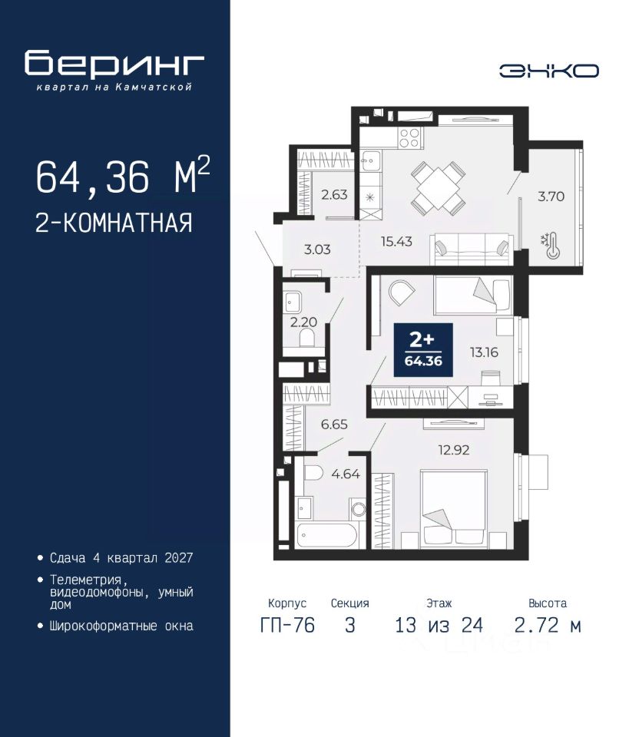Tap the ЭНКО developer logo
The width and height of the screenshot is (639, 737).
tap(548, 71)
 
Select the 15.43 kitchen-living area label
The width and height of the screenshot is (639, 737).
tap(396, 242)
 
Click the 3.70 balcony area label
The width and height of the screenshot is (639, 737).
tap(551, 196)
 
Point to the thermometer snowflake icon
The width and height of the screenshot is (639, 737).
tap(551, 246)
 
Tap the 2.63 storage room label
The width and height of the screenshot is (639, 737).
tap(334, 194)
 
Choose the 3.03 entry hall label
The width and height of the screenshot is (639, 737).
tap(317, 249)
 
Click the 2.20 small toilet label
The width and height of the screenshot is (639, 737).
tap(303, 322)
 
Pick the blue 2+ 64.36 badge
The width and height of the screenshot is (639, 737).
tap(423, 350)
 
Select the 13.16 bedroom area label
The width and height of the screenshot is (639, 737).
tap(484, 352)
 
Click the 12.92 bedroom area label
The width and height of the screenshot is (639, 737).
tap(454, 450)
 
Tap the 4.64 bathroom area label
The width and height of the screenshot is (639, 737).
tap(346, 474)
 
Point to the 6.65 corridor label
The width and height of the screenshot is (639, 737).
tap(334, 425)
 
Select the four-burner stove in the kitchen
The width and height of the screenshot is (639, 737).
tap(409, 137)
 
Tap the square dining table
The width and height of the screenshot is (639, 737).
tap(439, 188)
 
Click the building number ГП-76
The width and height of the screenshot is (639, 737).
tap(287, 625)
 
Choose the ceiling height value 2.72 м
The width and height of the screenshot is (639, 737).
tap(548, 625)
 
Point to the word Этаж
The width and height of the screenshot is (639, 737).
tap(439, 603)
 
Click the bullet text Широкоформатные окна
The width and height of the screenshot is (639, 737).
tap(121, 626)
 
